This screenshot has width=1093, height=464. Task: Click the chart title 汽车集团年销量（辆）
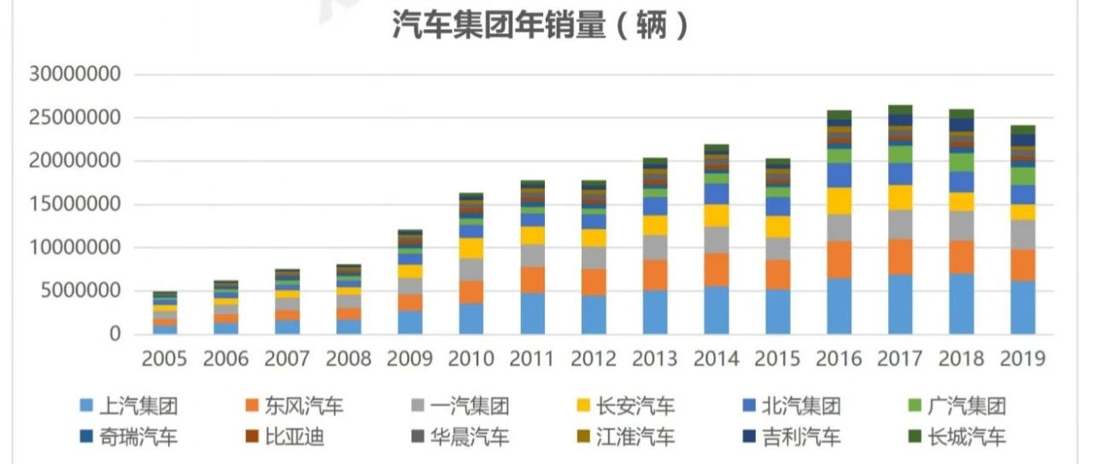(541, 26)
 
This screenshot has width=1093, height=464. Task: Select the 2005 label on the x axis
(165, 359)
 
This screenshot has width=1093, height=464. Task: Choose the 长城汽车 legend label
(966, 438)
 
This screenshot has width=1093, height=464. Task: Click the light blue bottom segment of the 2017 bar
(900, 304)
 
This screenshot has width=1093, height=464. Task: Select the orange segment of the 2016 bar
(839, 259)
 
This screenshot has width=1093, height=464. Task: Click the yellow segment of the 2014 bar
(716, 216)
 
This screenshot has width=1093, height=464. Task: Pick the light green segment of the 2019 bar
(1022, 176)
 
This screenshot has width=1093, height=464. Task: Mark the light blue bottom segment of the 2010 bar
(472, 319)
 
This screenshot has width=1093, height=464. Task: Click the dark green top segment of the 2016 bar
(839, 114)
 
